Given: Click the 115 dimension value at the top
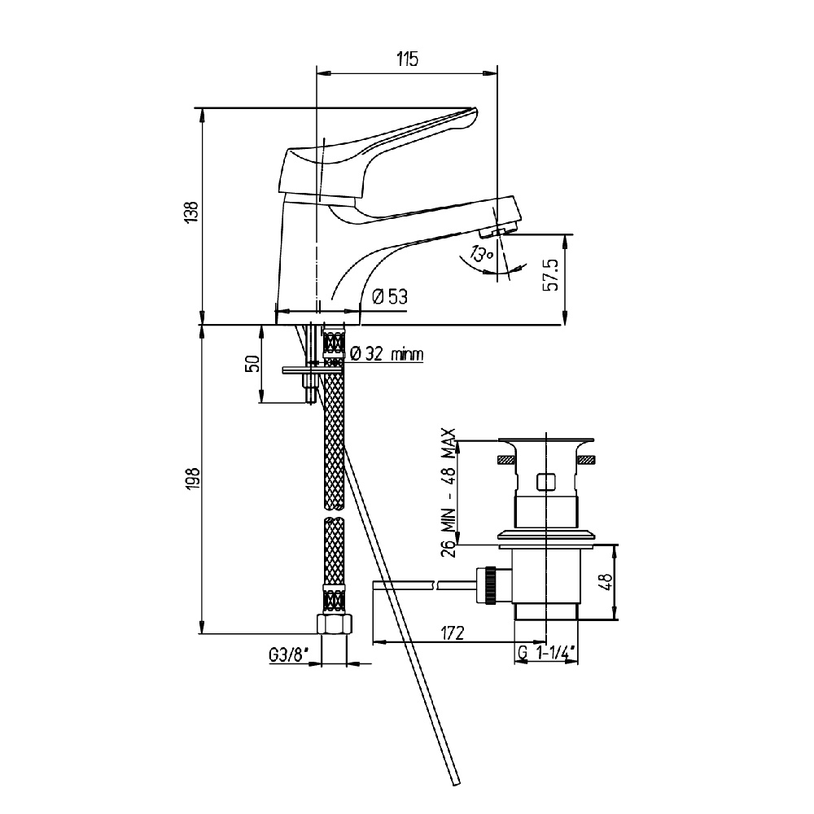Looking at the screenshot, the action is [408, 59].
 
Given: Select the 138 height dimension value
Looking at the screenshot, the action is [191, 212].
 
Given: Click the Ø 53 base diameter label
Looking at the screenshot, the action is [390, 297].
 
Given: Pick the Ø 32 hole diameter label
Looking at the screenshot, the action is [387, 354].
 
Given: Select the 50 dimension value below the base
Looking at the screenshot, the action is [253, 363].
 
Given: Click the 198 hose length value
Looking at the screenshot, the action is [193, 479].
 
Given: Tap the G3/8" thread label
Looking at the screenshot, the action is [289, 655].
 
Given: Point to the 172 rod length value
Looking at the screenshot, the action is [452, 633].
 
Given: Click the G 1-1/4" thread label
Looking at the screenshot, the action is [548, 654].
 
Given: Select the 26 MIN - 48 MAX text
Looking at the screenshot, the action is [449, 492].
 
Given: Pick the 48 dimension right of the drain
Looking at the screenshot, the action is [606, 581].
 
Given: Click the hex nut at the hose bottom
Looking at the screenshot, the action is [335, 624].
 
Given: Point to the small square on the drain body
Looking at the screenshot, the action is [545, 482].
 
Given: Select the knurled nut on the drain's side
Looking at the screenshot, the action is [489, 585].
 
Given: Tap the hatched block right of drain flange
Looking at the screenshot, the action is [585, 459].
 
